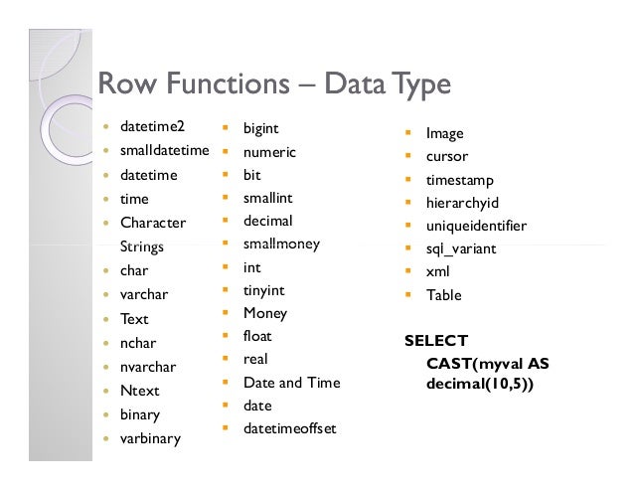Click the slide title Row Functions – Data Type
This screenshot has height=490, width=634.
coord(273,84)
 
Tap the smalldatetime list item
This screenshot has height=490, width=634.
coord(164,151)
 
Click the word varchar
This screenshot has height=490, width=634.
coord(144,294)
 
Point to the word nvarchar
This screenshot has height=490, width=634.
coord(148,367)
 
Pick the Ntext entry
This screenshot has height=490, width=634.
coord(139,391)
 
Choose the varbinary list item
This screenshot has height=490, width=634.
coord(150,437)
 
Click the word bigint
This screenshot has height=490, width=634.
coord(260,129)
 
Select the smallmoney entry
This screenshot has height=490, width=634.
coord(281,244)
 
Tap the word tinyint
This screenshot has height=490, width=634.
coord(263,290)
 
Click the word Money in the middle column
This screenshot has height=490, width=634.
coord(264,313)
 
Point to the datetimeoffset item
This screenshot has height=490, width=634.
coord(289,428)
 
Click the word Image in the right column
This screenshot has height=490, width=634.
coord(444,133)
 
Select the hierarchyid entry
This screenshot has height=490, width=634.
coord(461,203)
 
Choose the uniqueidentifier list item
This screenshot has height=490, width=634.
coord(476,226)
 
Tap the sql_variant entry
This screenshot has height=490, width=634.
coord(460,248)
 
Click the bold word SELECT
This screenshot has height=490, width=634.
coord(435,341)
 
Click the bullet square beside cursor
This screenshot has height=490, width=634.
coord(407,157)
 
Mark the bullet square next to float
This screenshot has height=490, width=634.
coord(225,337)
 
